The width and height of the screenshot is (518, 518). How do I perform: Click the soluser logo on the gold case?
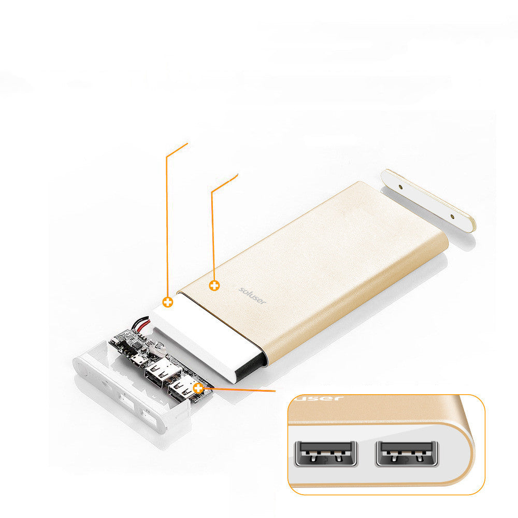[252, 295]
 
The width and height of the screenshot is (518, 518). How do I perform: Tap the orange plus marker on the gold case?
[214, 285]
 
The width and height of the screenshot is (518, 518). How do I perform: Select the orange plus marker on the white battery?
[167, 302]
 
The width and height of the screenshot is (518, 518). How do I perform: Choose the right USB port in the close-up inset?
[407, 453]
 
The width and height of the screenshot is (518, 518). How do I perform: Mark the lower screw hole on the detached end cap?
[452, 217]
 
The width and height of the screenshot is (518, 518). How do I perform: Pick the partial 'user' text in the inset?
[317, 398]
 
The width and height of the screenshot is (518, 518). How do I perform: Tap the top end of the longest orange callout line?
[187, 143]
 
